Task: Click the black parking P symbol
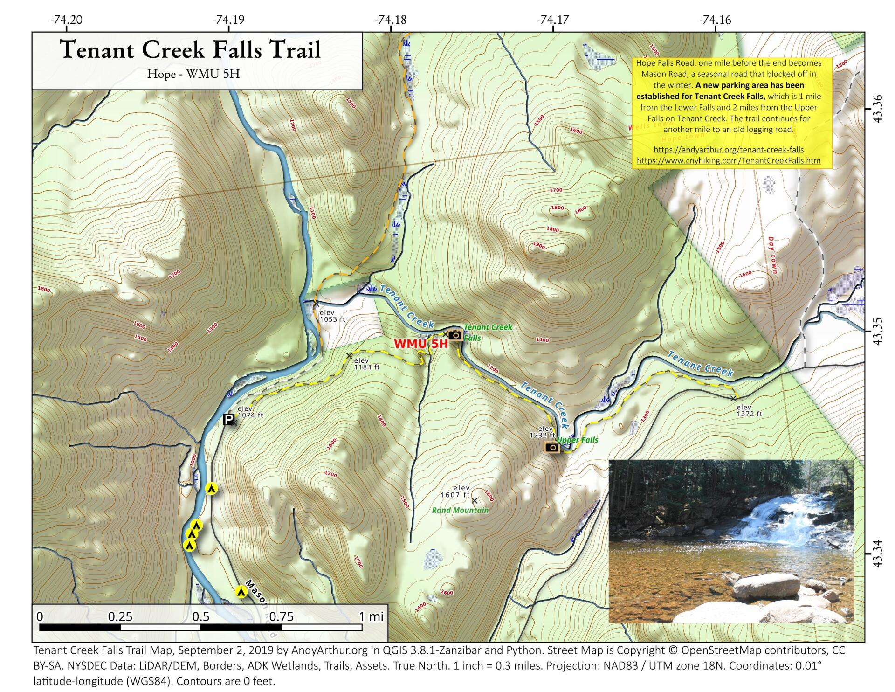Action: coord(228,420)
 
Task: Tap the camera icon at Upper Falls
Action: coord(552,447)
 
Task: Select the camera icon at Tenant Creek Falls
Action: coord(455,335)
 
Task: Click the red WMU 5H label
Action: coord(420,344)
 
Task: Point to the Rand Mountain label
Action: coord(460,510)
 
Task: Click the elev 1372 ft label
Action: coord(750,410)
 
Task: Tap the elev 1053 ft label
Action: coord(332,316)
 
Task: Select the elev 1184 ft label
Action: coord(367,364)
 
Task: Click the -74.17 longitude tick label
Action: coord(553,20)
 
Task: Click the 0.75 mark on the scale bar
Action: coord(281,617)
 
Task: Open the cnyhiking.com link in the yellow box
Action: coord(729,160)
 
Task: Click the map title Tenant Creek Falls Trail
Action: coord(191,49)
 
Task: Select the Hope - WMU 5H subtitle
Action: coord(193,74)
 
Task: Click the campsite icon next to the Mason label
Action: coord(241,592)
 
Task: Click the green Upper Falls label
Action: coord(577,440)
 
